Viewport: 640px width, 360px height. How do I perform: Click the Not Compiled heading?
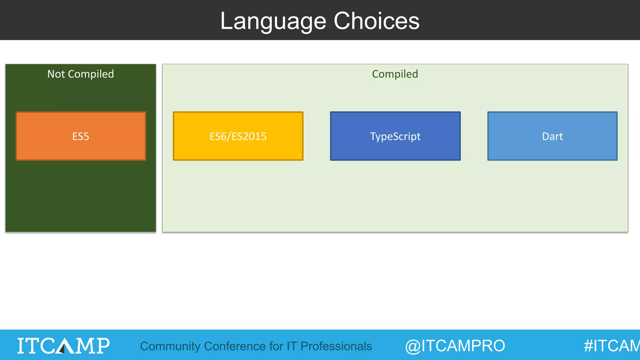(81, 74)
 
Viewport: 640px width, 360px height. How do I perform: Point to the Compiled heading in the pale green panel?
(395, 74)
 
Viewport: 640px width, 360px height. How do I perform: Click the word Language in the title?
(273, 21)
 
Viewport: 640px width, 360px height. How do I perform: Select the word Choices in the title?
(376, 21)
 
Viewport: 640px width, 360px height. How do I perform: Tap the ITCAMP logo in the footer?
(63, 346)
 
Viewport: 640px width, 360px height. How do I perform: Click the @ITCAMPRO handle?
(455, 346)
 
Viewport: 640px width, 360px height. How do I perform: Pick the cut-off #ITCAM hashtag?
(611, 346)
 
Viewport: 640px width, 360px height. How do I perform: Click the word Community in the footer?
(170, 346)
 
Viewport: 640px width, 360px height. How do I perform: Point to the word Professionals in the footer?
(336, 346)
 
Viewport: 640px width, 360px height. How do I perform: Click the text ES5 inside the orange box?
(81, 137)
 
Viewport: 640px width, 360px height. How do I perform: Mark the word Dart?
(552, 137)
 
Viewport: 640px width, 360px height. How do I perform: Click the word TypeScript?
(395, 137)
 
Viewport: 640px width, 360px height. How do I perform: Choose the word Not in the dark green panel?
(56, 74)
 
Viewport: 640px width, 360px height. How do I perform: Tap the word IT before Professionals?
(292, 346)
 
